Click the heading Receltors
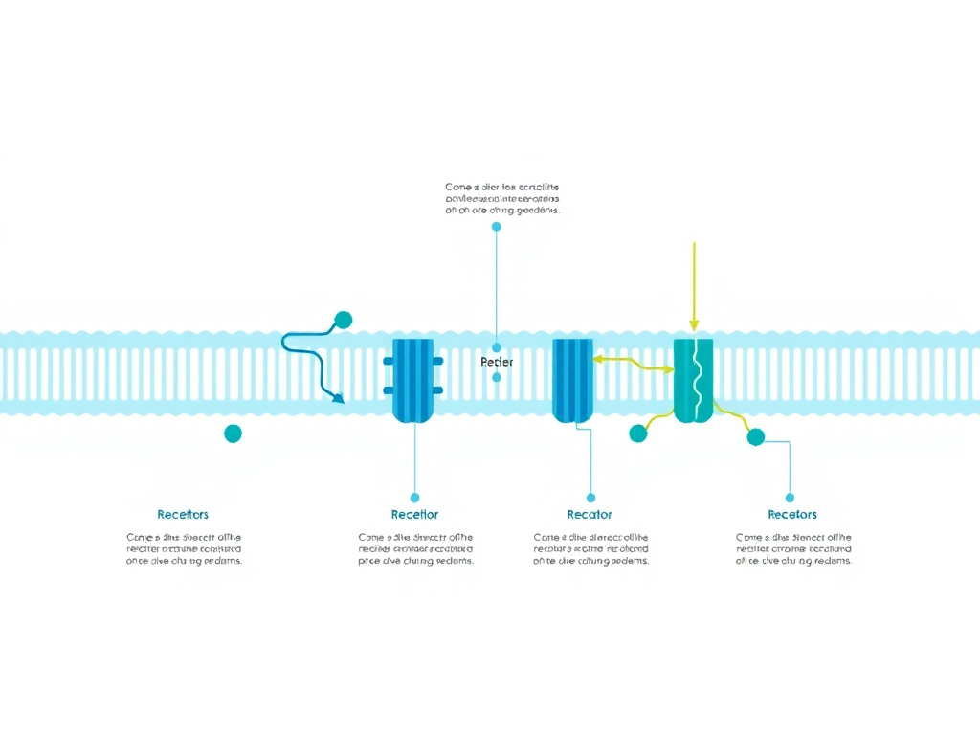coord(183,515)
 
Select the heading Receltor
coord(414,515)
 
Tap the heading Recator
coord(590,515)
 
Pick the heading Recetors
coord(792,515)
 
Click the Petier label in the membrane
coord(497,363)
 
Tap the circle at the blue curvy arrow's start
coord(343,320)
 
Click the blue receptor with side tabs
coord(413,380)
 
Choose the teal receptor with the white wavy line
coord(694,380)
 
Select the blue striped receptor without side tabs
coord(573,380)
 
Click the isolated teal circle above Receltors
coord(233,434)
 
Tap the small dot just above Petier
coord(497,347)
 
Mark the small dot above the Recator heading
coord(590,498)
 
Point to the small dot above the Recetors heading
coord(790,498)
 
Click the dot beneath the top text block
coord(497,227)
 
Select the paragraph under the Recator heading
coord(590,549)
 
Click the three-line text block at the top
coord(502,198)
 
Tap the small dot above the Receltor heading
coord(414,498)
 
